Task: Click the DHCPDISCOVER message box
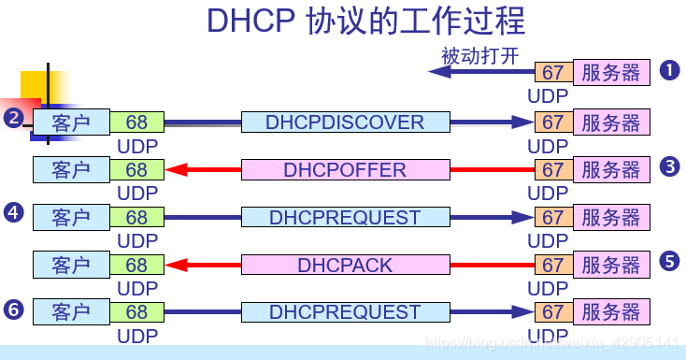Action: click(345, 122)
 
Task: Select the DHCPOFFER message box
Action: click(345, 170)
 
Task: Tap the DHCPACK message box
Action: click(345, 266)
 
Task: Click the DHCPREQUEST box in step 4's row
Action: click(345, 218)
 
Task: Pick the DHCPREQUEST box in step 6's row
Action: click(345, 311)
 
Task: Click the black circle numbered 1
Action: click(669, 70)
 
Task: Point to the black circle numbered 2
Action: click(13, 118)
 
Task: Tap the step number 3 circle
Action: click(669, 166)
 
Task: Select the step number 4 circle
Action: click(13, 213)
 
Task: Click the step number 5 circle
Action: click(669, 262)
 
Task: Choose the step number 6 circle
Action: click(13, 308)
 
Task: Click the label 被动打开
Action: click(479, 55)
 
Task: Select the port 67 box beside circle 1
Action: click(553, 73)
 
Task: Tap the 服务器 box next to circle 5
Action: click(611, 266)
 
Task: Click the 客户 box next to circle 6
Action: click(71, 311)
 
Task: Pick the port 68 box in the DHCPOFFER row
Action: click(136, 170)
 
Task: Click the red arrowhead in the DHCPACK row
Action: click(175, 266)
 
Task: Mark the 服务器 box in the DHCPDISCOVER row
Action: click(611, 122)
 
